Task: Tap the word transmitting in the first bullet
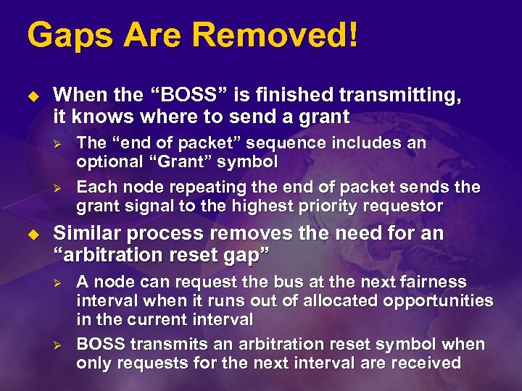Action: pos(406,95)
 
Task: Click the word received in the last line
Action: pos(426,362)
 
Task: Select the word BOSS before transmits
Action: pos(100,344)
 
